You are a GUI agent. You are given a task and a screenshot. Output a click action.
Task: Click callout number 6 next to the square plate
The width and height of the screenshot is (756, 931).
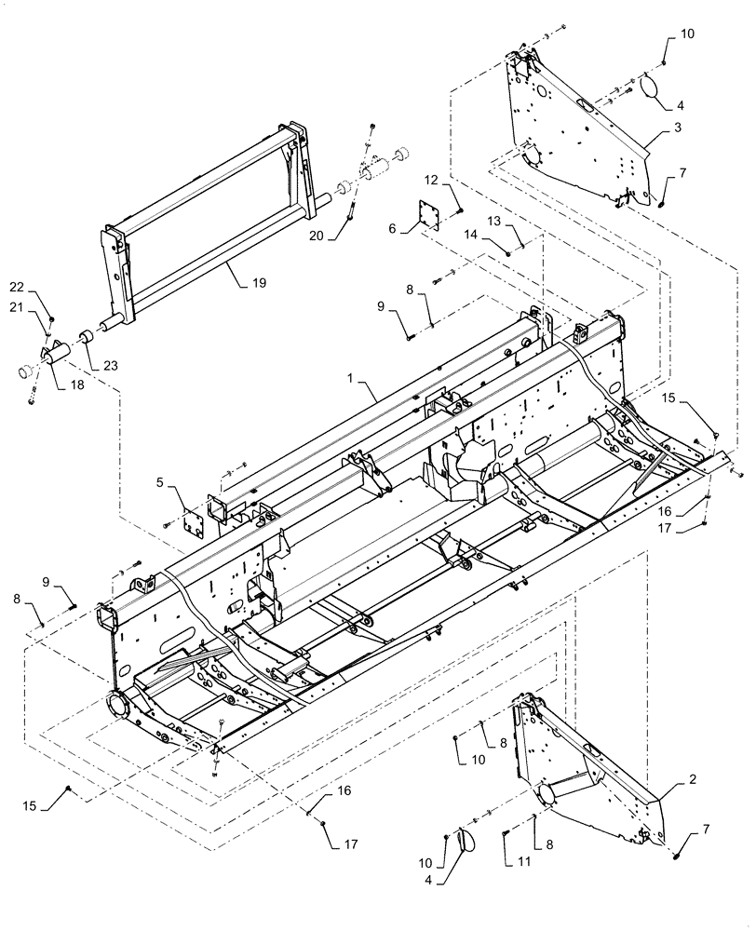tap(392, 227)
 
